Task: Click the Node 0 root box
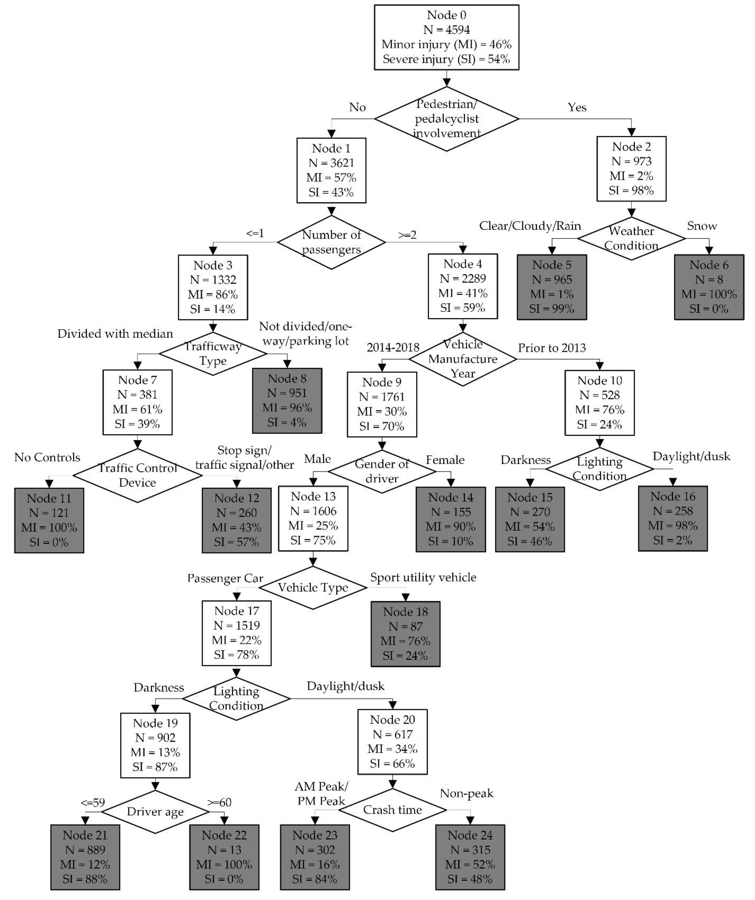(446, 37)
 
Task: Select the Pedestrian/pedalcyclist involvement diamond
(446, 119)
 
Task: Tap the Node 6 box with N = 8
(709, 287)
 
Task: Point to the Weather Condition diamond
(631, 238)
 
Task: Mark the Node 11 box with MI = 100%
(49, 520)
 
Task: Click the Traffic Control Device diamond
(137, 475)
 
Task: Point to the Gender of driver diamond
(381, 471)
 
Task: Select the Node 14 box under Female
(451, 519)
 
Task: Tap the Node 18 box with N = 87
(405, 634)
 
